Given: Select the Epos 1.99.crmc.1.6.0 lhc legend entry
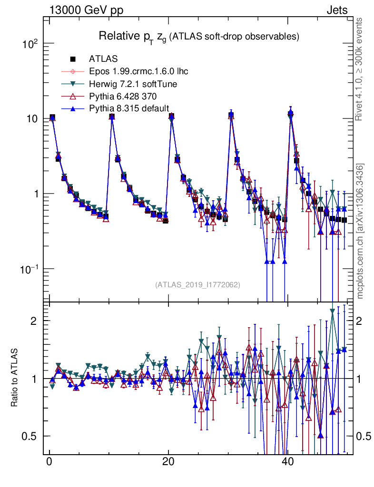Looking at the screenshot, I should coord(138,71).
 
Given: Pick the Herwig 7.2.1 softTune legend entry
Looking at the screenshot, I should coord(133,84).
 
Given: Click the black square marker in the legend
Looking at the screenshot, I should coord(73,59).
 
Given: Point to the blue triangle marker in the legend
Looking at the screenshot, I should coord(73,109).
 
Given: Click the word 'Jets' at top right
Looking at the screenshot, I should coord(337,10).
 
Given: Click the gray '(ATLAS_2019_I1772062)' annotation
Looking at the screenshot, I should coord(197,285).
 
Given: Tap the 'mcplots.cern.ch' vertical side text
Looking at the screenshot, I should coord(360,231).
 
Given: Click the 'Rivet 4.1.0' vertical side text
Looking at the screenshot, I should coord(360,68).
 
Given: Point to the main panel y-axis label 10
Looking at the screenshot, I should coord(32,118).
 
